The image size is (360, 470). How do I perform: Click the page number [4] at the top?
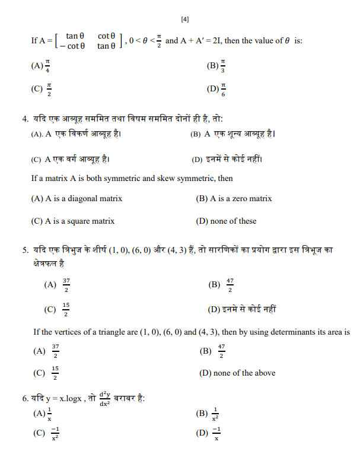[x=184, y=20]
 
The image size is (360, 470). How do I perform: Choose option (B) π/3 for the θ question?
[x=216, y=66]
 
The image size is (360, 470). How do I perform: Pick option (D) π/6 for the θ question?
[x=216, y=90]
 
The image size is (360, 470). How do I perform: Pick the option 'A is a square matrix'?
[x=72, y=221]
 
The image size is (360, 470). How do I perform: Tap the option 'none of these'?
[x=226, y=221]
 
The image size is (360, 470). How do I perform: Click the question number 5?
[x=26, y=250]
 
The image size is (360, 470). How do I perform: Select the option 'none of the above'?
[x=238, y=373]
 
